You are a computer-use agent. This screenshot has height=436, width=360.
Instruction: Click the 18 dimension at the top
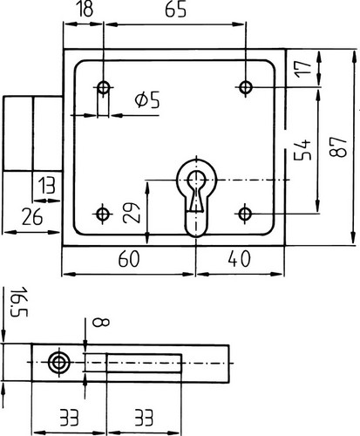point(85,9)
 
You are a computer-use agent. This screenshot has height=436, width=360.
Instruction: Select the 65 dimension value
point(175,10)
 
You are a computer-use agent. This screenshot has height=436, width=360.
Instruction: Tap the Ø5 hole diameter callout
point(147,100)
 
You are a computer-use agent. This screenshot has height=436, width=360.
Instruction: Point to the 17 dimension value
point(303,69)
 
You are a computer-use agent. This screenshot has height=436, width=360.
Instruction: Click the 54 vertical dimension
point(302,150)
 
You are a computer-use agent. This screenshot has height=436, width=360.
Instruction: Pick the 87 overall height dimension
point(338,146)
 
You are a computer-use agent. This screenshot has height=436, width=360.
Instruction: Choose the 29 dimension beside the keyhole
point(131,213)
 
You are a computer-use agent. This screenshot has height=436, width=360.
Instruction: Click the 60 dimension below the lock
point(129,259)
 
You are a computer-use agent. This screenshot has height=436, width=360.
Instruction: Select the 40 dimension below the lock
point(239,259)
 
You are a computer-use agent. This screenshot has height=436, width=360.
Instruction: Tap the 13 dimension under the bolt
point(47,186)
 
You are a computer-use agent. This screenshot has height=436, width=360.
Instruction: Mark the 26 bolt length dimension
point(32,217)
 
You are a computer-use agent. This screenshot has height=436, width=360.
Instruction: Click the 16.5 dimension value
point(18,302)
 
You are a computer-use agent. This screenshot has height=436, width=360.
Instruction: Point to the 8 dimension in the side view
point(100,322)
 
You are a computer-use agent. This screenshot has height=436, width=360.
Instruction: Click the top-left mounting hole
point(104,87)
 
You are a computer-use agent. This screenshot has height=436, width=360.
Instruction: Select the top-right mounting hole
point(246,86)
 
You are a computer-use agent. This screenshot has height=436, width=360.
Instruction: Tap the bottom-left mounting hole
point(102,215)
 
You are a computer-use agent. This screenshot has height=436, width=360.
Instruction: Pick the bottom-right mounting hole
point(245,214)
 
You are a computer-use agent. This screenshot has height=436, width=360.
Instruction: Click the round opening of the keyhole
point(197,179)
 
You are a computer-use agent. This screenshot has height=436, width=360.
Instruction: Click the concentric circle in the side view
point(60,363)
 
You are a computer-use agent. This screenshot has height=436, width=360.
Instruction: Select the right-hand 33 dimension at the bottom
point(144,418)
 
